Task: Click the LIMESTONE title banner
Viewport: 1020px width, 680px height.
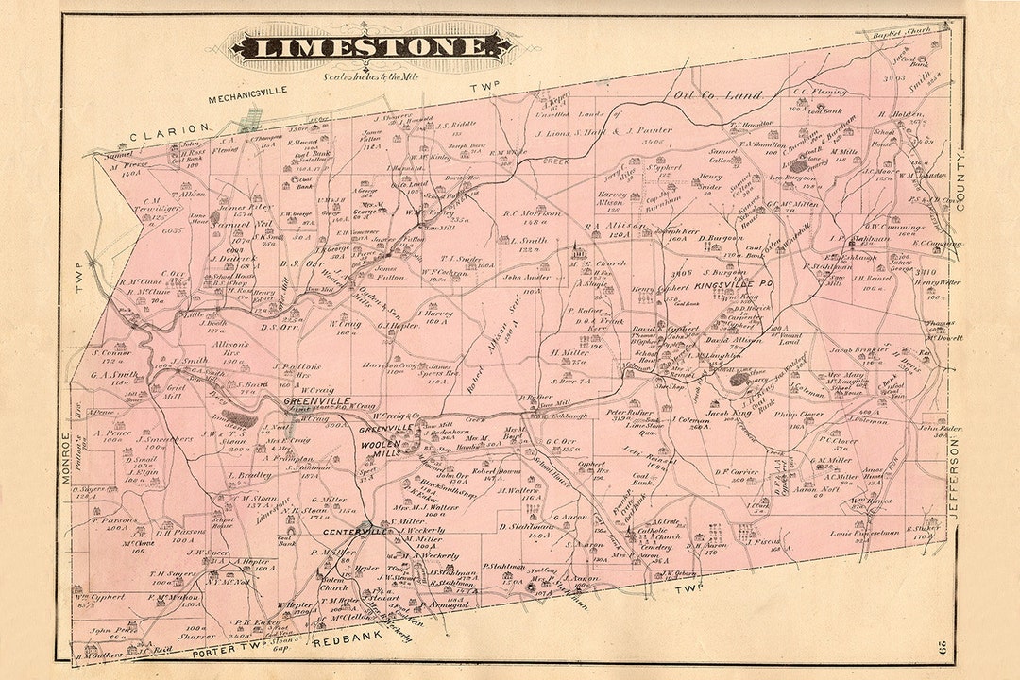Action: click(372, 45)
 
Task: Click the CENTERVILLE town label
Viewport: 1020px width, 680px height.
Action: click(358, 532)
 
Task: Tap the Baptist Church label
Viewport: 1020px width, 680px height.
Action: click(904, 31)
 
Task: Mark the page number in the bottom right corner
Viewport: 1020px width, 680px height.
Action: click(944, 647)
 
